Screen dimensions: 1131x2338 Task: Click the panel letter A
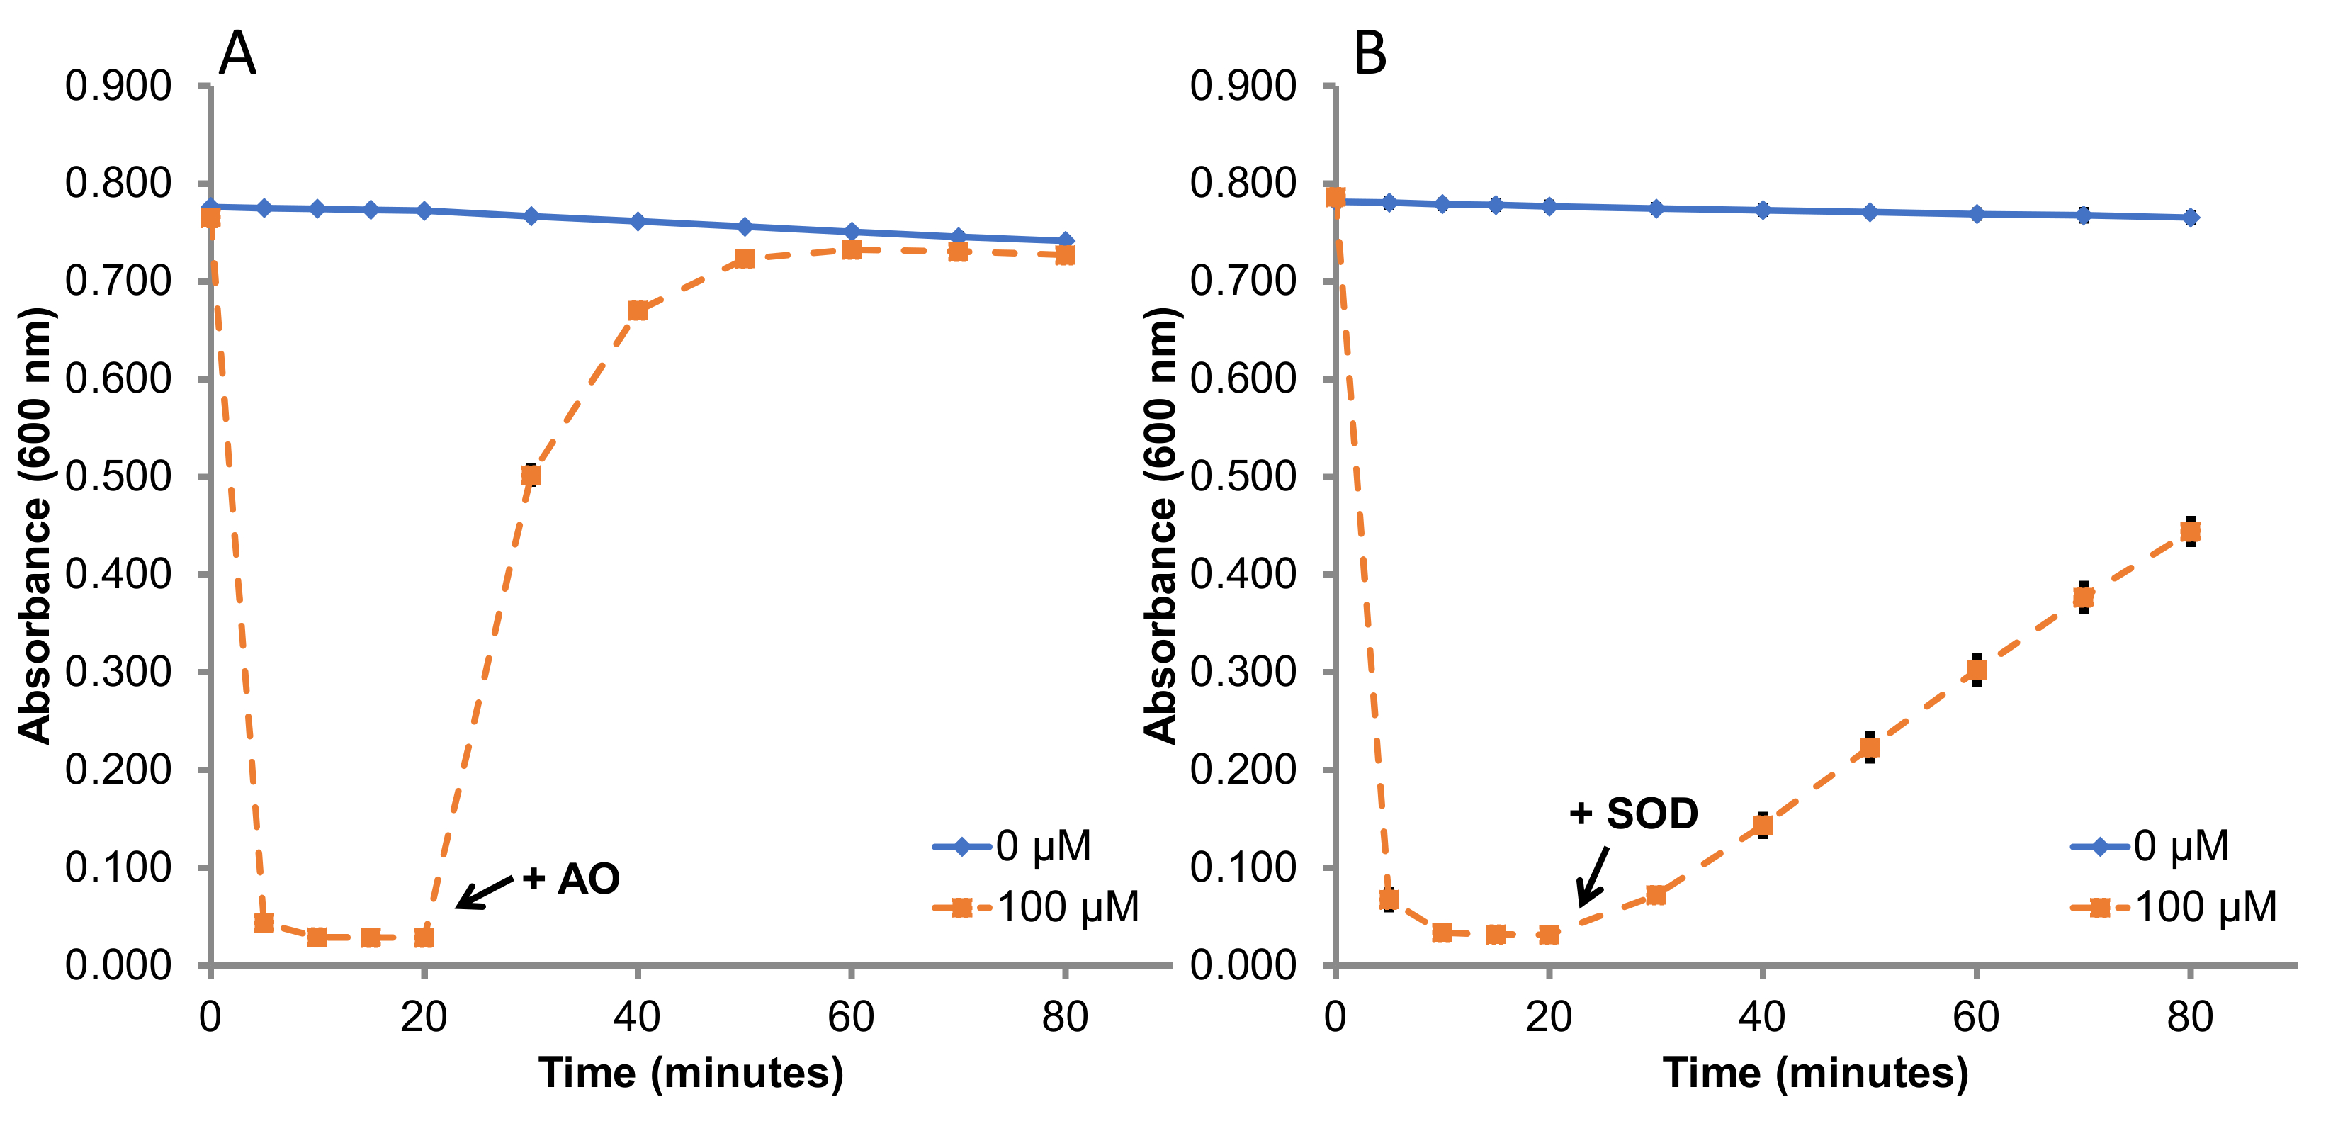tap(238, 54)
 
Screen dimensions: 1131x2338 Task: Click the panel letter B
tap(1370, 54)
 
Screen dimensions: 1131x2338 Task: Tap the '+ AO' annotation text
tap(571, 879)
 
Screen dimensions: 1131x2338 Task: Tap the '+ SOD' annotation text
tap(1634, 814)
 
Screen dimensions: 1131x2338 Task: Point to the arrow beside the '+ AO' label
tap(485, 891)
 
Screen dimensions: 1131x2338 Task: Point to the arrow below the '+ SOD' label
tap(1593, 876)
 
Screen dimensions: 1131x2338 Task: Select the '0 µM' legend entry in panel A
tap(1012, 846)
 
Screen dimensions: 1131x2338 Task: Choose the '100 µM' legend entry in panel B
tap(2174, 907)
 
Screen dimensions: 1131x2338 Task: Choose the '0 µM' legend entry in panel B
tap(2150, 846)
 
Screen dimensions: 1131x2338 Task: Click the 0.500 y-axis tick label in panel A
tap(118, 476)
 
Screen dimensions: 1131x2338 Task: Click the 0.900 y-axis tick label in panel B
tap(1243, 86)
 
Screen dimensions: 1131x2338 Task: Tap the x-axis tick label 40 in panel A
tap(637, 1018)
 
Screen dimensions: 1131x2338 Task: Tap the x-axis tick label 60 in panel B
tap(1976, 1018)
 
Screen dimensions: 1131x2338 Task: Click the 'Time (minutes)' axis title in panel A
tap(691, 1073)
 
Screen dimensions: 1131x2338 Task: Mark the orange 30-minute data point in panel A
tap(531, 475)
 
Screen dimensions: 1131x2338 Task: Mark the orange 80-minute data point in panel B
tap(2190, 531)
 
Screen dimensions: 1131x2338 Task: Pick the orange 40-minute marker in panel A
tap(637, 310)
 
